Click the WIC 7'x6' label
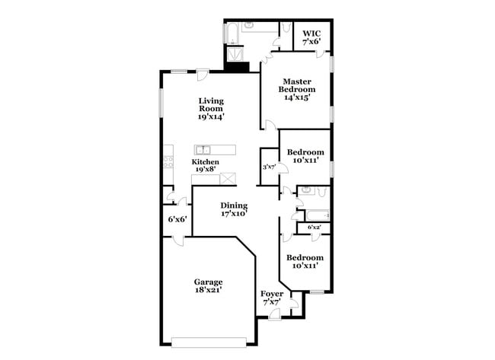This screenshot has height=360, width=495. click(x=311, y=37)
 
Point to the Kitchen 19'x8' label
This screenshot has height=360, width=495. click(x=206, y=166)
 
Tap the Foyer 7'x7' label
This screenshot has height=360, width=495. click(x=272, y=298)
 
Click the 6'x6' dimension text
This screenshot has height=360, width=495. click(x=177, y=219)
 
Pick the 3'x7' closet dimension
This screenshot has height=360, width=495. click(x=268, y=167)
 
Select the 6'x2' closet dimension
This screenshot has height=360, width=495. click(x=315, y=228)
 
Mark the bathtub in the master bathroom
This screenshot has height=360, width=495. click(x=231, y=32)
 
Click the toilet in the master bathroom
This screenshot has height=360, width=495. click(x=286, y=28)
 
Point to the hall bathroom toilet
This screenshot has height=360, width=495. click(x=305, y=189)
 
